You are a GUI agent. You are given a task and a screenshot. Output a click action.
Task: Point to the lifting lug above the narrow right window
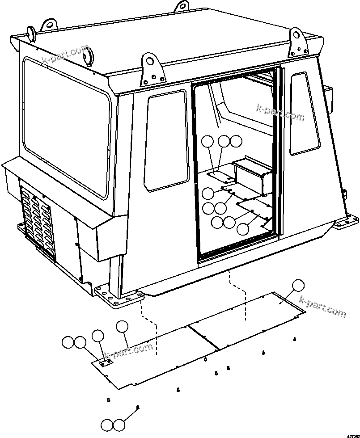pos(296,38)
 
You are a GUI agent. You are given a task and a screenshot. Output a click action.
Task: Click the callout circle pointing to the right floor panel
pos(297,286)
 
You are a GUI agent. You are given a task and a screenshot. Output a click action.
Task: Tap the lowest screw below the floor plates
pos(138,407)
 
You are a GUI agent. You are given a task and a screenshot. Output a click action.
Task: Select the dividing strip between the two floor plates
pos(203,337)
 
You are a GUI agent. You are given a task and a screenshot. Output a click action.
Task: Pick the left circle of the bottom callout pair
pos(107,425)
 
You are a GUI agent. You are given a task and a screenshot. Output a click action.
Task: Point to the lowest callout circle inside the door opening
pos(243,229)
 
